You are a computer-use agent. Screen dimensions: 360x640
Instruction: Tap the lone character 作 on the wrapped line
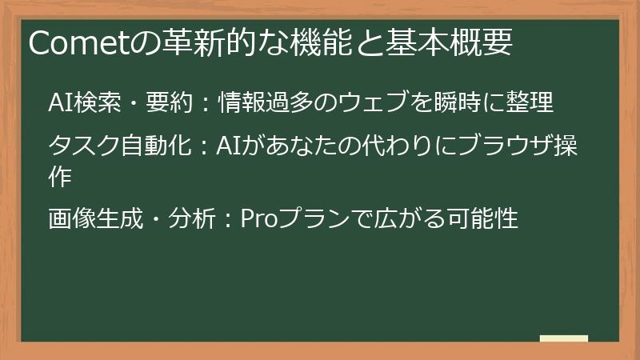pyautogui.click(x=60, y=177)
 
